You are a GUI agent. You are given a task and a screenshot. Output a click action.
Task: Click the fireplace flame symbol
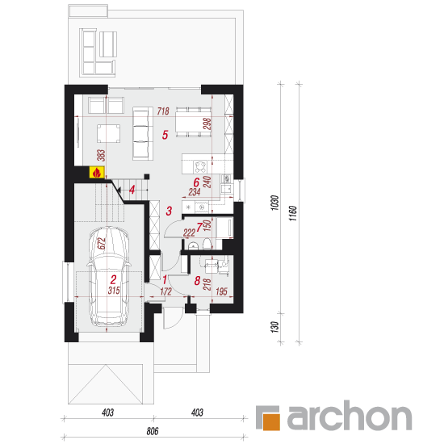[97, 173]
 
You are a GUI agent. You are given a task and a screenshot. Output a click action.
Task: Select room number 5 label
[165, 135]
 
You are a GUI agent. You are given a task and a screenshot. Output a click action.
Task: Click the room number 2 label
[113, 279]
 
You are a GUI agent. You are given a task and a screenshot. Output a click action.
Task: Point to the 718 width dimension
[163, 111]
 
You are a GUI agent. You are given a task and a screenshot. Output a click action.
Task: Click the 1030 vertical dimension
[275, 203]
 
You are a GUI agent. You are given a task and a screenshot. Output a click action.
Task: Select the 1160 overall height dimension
[293, 213]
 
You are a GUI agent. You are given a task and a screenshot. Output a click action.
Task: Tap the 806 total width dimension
[153, 431]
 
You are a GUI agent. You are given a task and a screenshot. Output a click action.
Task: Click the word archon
[349, 416]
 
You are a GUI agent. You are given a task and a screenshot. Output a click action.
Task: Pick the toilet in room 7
[207, 244]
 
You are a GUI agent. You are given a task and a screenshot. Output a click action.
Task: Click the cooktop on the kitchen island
[200, 167]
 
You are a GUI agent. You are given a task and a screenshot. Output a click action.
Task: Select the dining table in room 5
[194, 121]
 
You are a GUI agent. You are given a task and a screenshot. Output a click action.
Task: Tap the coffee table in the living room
[108, 133]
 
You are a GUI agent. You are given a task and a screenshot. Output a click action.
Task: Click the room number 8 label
[197, 281]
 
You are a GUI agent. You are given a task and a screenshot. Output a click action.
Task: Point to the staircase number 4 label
[132, 190]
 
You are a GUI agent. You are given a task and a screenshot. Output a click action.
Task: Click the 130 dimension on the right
[275, 327]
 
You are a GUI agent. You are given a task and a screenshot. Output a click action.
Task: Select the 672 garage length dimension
[101, 243]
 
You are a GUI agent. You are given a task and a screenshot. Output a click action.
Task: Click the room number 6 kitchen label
[196, 182]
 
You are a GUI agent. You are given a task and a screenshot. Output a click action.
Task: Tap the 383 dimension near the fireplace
[101, 156]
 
